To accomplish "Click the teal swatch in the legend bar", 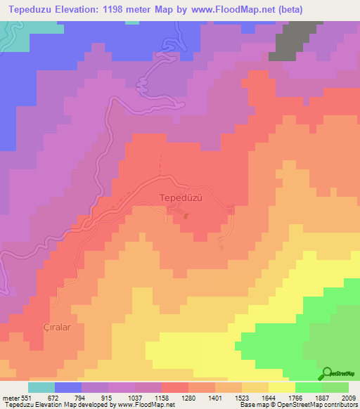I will tap(41, 387).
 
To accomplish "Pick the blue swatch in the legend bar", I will tap(67, 387).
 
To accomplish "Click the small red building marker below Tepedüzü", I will tap(186, 215).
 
